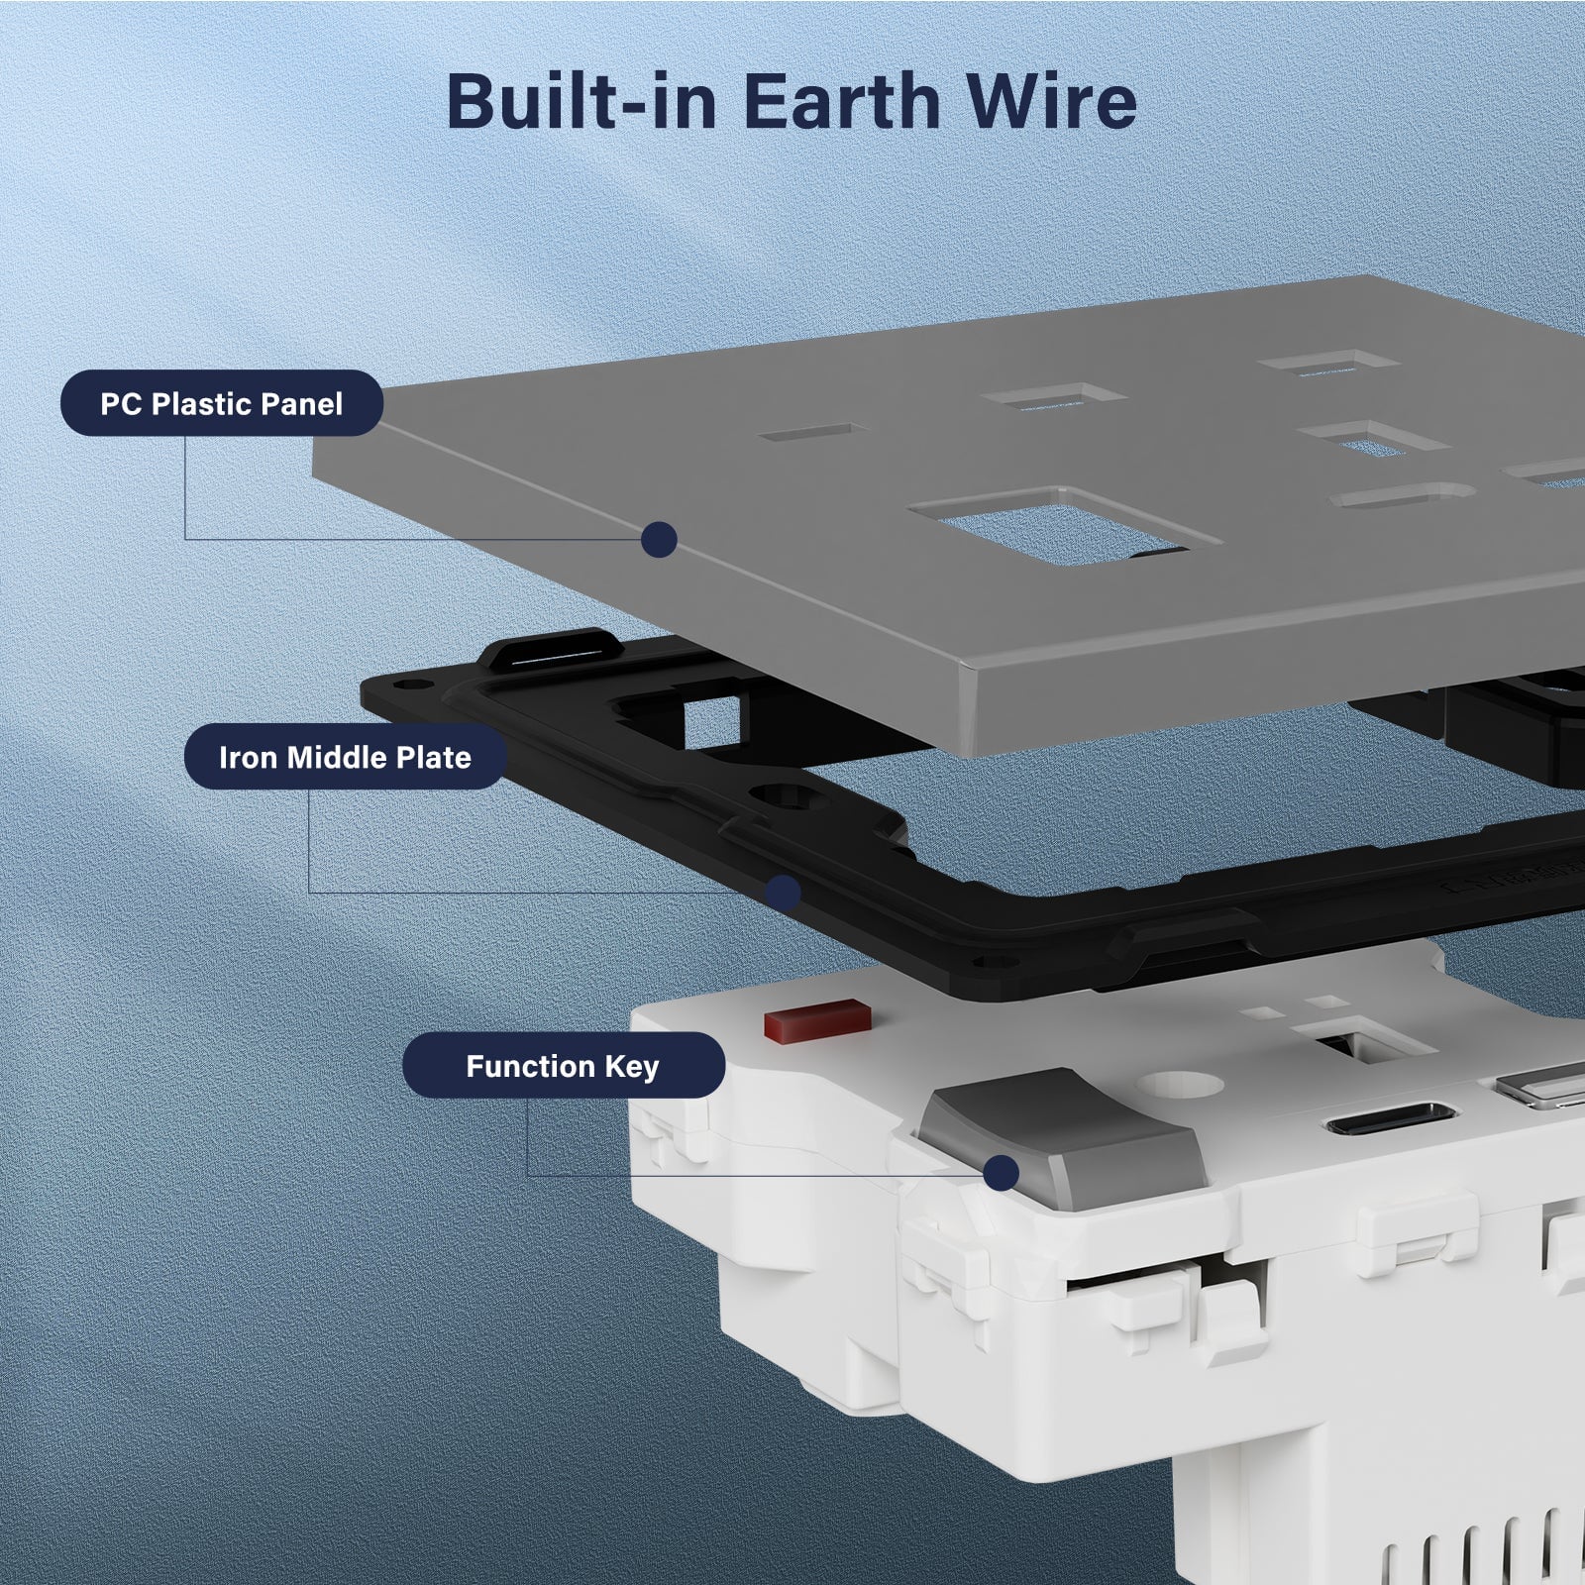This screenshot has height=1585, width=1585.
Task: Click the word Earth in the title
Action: pos(841,101)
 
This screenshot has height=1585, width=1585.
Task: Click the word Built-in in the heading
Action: pos(581,101)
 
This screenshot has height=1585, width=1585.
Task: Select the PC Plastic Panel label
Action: pos(222,403)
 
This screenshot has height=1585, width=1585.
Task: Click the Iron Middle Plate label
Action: pos(345,757)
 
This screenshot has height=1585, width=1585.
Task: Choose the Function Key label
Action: pos(563,1065)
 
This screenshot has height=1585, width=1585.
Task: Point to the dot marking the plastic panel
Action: pos(659,540)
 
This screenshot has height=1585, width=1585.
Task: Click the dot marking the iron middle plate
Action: pos(784,894)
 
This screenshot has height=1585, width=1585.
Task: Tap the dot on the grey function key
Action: pos(1002,1173)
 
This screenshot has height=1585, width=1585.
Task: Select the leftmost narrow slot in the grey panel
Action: pos(812,433)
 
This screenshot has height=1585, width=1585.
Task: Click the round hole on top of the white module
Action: pos(1182,1084)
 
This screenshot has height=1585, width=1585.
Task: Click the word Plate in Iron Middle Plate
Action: pos(434,757)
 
